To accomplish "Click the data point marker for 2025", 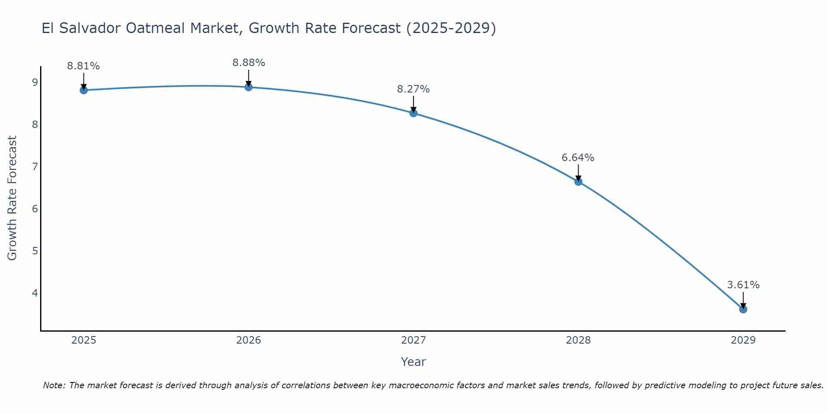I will coord(84,90).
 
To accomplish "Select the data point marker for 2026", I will coord(249,87).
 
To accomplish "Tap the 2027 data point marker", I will coord(413,113).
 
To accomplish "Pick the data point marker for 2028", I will coord(578,181).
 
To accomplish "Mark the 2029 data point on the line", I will coord(743,309).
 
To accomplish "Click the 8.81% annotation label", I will coord(84,66).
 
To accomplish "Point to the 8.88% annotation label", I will coord(249,63).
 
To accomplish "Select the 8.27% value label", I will coord(413,89).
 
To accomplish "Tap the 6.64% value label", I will coord(578,157).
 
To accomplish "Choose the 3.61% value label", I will coord(743,285).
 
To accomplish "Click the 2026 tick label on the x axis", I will coord(249,340).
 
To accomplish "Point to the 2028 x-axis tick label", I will coord(578,340).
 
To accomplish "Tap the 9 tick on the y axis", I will coord(35,82).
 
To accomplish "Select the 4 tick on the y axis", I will coord(35,293).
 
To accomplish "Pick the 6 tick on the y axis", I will coord(35,209).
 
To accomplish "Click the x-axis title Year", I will coord(413,362).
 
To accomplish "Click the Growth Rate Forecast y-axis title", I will coord(12,198).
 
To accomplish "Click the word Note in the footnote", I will coord(54,385).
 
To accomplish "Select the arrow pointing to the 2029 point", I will coord(743,300).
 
